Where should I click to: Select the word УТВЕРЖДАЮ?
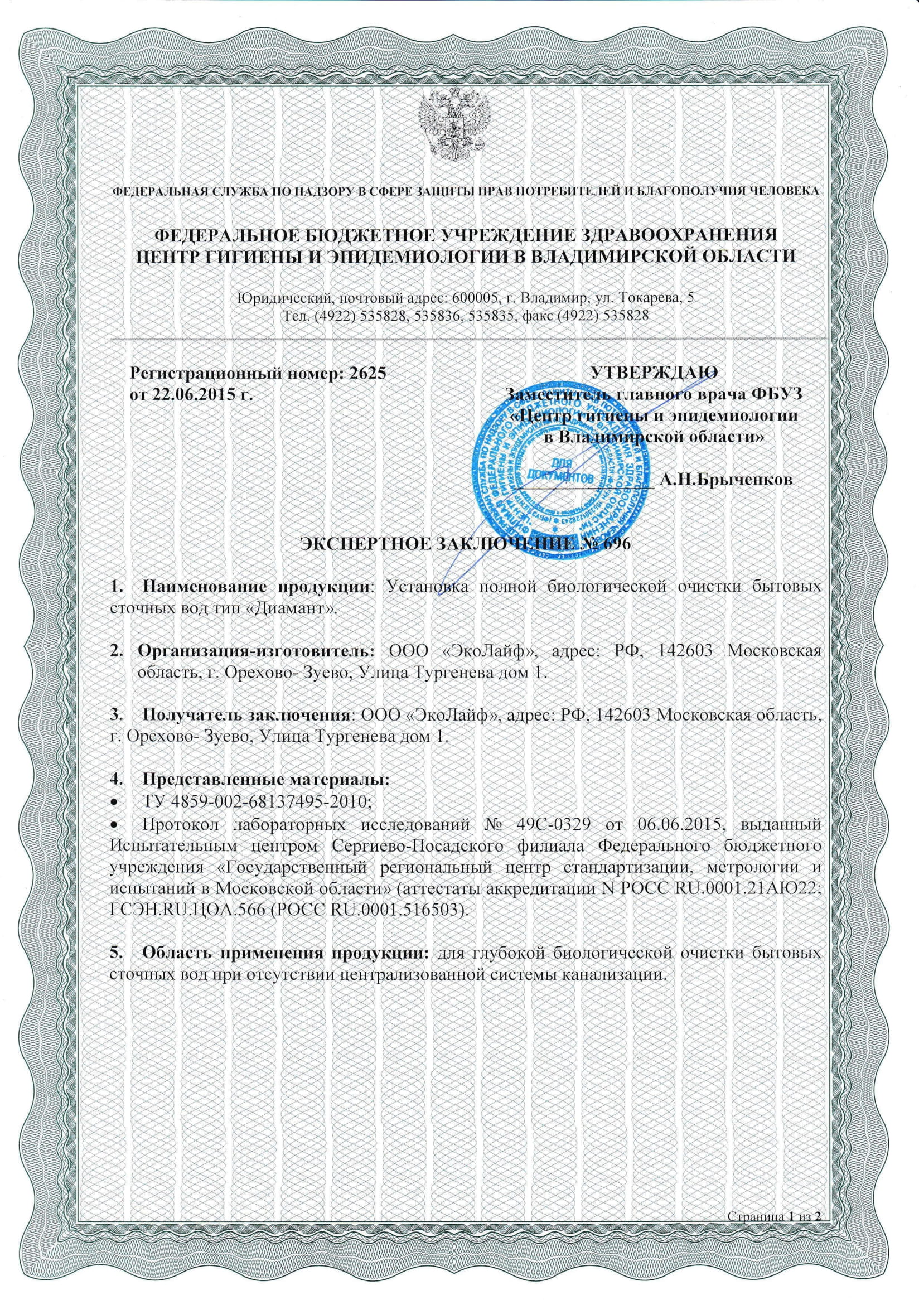pos(654,373)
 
